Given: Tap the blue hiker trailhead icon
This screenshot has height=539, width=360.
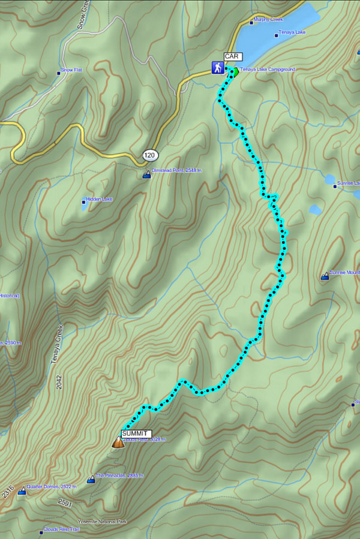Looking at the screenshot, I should coord(217,68).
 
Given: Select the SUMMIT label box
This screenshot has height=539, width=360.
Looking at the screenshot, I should coord(136,433).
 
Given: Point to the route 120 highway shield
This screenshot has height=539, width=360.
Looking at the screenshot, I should coord(150,156).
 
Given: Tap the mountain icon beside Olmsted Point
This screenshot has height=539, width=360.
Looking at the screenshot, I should coord(146,175).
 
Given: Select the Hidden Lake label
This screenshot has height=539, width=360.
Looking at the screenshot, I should coord(99,199).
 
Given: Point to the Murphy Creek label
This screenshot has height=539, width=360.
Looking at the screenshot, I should coord(268,20).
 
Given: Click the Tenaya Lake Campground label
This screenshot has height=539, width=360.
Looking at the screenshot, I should coord(268,70).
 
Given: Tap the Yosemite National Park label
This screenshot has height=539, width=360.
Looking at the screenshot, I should coord(102,522).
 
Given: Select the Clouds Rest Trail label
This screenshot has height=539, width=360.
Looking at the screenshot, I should coord(61,529).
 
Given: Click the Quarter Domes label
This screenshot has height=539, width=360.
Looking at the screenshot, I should coord(53,487).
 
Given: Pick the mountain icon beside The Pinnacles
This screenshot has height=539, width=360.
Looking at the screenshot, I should coord(91,479).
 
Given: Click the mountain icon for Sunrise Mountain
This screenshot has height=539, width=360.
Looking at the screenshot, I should coord(325,276).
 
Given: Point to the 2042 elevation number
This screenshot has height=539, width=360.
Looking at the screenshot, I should coord(59,383).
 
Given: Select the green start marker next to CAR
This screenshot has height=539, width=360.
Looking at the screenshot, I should coord(234,73).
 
